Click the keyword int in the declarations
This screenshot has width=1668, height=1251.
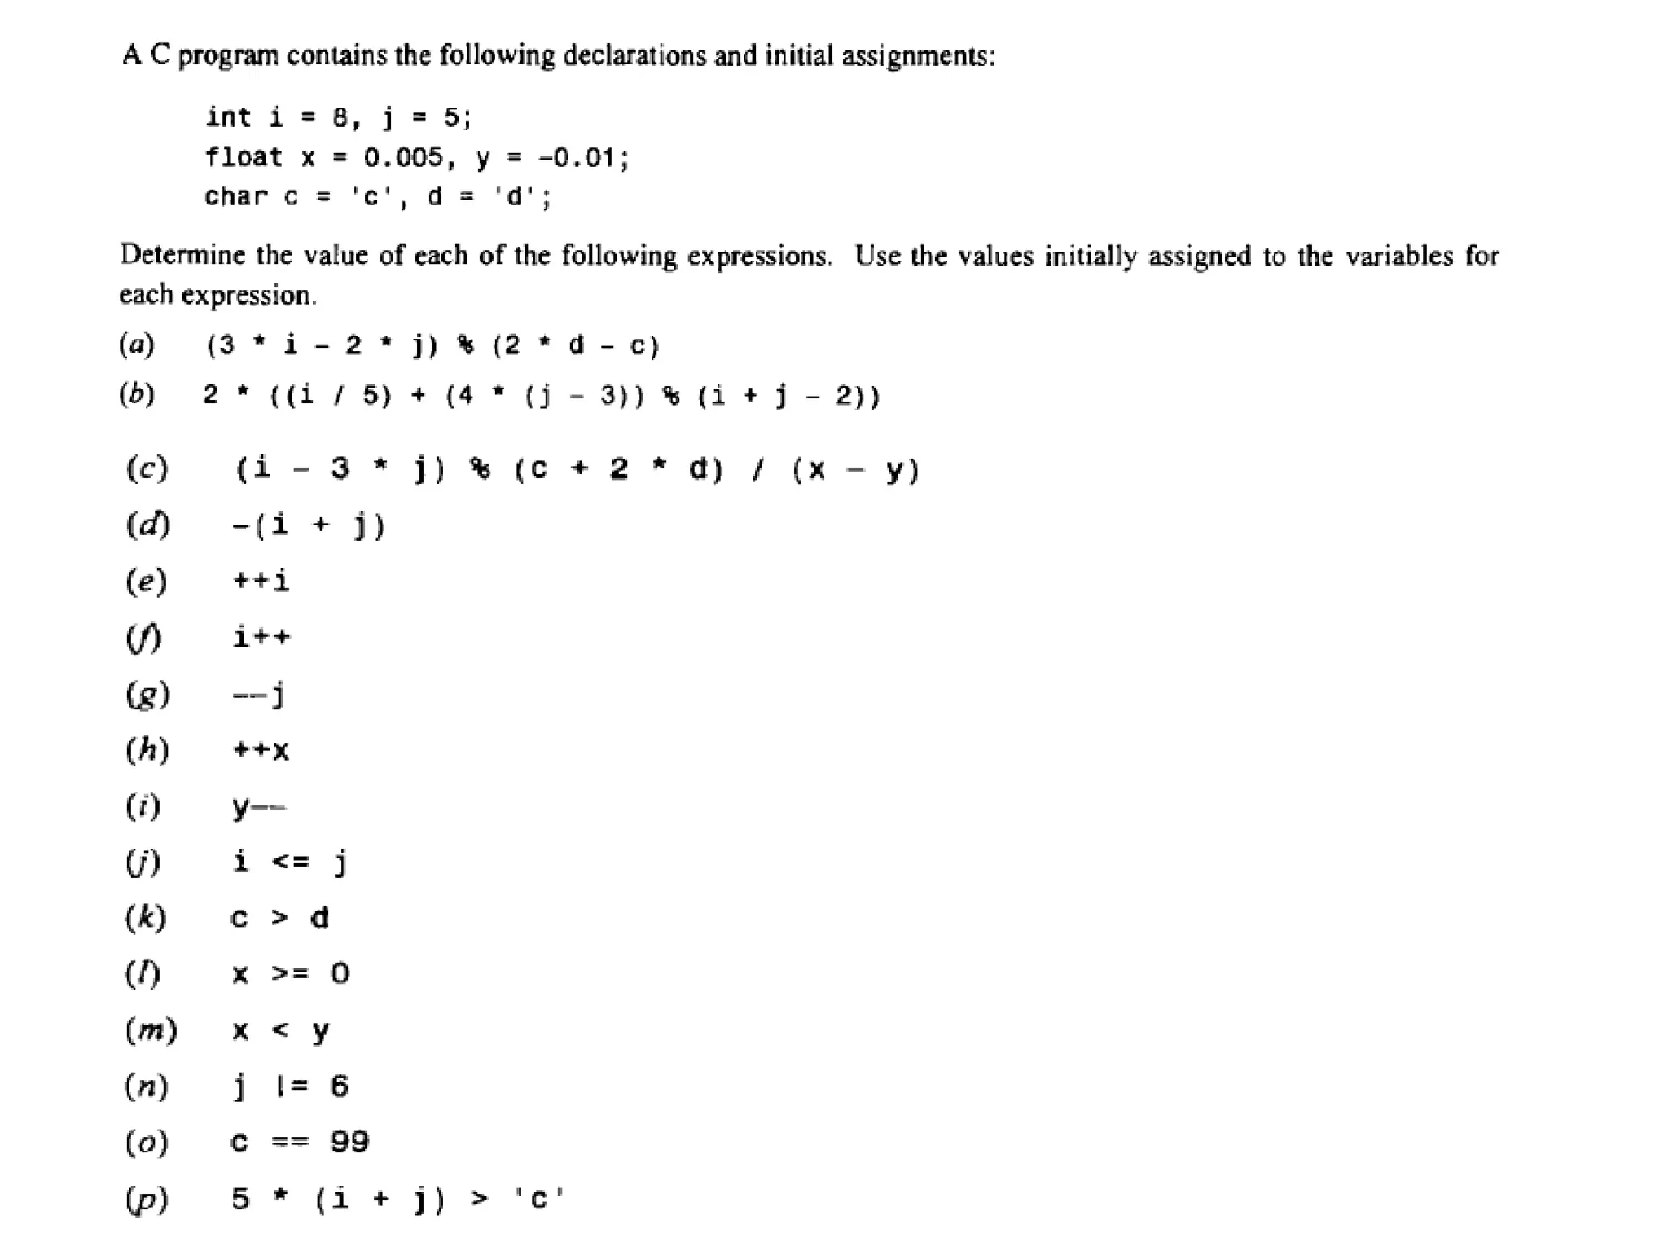228,117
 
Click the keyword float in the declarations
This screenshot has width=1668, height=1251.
244,156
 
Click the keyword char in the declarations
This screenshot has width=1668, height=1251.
235,196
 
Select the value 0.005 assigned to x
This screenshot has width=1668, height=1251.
404,156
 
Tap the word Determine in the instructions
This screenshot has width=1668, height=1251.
182,256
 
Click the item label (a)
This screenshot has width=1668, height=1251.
137,345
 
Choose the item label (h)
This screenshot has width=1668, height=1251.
147,749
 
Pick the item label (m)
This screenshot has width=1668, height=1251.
151,1030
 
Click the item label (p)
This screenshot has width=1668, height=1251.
147,1199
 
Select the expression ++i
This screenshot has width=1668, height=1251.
261,582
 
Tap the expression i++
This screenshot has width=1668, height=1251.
261,637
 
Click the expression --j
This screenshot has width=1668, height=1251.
258,695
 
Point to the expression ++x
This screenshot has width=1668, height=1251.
261,749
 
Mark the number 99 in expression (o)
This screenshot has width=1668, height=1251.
349,1142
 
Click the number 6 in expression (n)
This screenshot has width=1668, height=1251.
340,1086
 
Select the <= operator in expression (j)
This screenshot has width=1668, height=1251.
290,862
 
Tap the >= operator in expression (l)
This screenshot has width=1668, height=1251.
290,973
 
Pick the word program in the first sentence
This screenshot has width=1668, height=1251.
228,56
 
